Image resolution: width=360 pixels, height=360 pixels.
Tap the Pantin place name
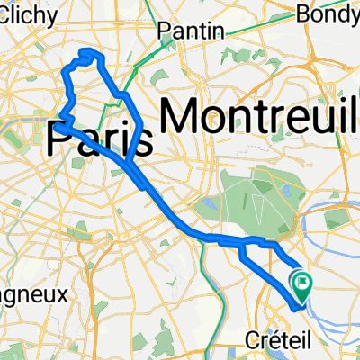(x=190, y=31)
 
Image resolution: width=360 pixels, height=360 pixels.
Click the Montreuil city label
(x=261, y=115)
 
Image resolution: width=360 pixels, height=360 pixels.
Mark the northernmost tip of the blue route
(x=87, y=53)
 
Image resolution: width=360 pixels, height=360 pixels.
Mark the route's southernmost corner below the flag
(x=294, y=305)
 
